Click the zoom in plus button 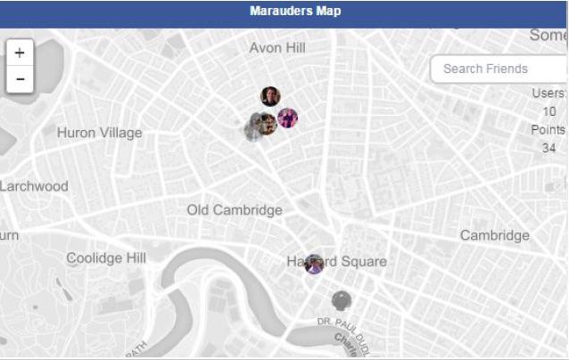pyautogui.click(x=20, y=53)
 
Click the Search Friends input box pyautogui.click(x=497, y=69)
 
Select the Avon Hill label pyautogui.click(x=277, y=47)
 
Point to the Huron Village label pyautogui.click(x=99, y=133)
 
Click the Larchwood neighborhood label pyautogui.click(x=34, y=186)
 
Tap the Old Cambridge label pyautogui.click(x=235, y=210)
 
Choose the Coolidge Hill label pyautogui.click(x=106, y=258)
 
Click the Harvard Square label pyautogui.click(x=337, y=261)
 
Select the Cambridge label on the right pyautogui.click(x=494, y=235)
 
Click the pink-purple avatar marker pyautogui.click(x=287, y=118)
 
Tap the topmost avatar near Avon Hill pyautogui.click(x=270, y=96)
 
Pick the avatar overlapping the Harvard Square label pyautogui.click(x=313, y=264)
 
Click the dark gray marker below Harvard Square pyautogui.click(x=342, y=300)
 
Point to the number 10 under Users pyautogui.click(x=549, y=111)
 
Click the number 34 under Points pyautogui.click(x=549, y=147)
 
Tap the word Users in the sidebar pyautogui.click(x=548, y=93)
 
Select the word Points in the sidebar pyautogui.click(x=548, y=129)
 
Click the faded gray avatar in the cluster pyautogui.click(x=253, y=130)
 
